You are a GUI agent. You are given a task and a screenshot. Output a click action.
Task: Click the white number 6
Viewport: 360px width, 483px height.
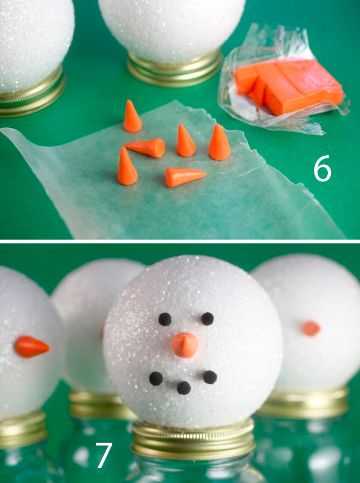click(x=322, y=168)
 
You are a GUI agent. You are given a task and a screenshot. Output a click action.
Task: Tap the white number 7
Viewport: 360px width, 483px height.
click(x=104, y=455)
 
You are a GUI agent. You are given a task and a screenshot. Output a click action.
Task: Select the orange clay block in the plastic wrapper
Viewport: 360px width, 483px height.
click(x=289, y=86)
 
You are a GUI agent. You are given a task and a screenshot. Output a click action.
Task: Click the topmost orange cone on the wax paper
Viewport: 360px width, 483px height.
click(x=132, y=116)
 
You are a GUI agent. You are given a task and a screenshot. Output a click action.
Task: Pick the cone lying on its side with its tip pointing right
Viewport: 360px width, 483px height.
click(x=185, y=177)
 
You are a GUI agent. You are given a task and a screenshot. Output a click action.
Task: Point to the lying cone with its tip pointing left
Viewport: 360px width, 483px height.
click(x=146, y=148)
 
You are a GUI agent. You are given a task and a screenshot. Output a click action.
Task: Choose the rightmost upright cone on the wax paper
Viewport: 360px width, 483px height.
click(x=219, y=142)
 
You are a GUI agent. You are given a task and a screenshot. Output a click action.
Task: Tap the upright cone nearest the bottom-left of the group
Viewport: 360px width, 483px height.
click(x=127, y=167)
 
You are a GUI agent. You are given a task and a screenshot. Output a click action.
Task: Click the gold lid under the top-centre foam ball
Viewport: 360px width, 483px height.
click(x=174, y=69)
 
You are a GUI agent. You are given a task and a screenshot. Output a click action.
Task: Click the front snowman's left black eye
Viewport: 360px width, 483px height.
click(x=165, y=319)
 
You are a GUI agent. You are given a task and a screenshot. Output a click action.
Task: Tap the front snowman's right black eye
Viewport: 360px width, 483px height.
click(x=207, y=319)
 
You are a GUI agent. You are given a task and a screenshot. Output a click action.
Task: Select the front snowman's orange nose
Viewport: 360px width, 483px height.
click(x=185, y=345)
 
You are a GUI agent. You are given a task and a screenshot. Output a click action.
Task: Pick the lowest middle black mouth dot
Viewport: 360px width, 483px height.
click(x=184, y=388)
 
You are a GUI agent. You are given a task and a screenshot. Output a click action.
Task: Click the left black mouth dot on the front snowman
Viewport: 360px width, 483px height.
click(x=156, y=379)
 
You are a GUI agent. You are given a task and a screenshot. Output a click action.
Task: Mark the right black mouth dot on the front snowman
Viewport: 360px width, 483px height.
click(x=210, y=377)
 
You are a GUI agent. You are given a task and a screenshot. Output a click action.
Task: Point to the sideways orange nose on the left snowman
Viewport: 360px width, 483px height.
click(x=32, y=347)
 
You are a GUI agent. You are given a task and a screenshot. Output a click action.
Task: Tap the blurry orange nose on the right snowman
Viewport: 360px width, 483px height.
click(x=311, y=328)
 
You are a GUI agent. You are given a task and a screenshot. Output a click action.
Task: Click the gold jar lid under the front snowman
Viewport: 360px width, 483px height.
click(x=193, y=440)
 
